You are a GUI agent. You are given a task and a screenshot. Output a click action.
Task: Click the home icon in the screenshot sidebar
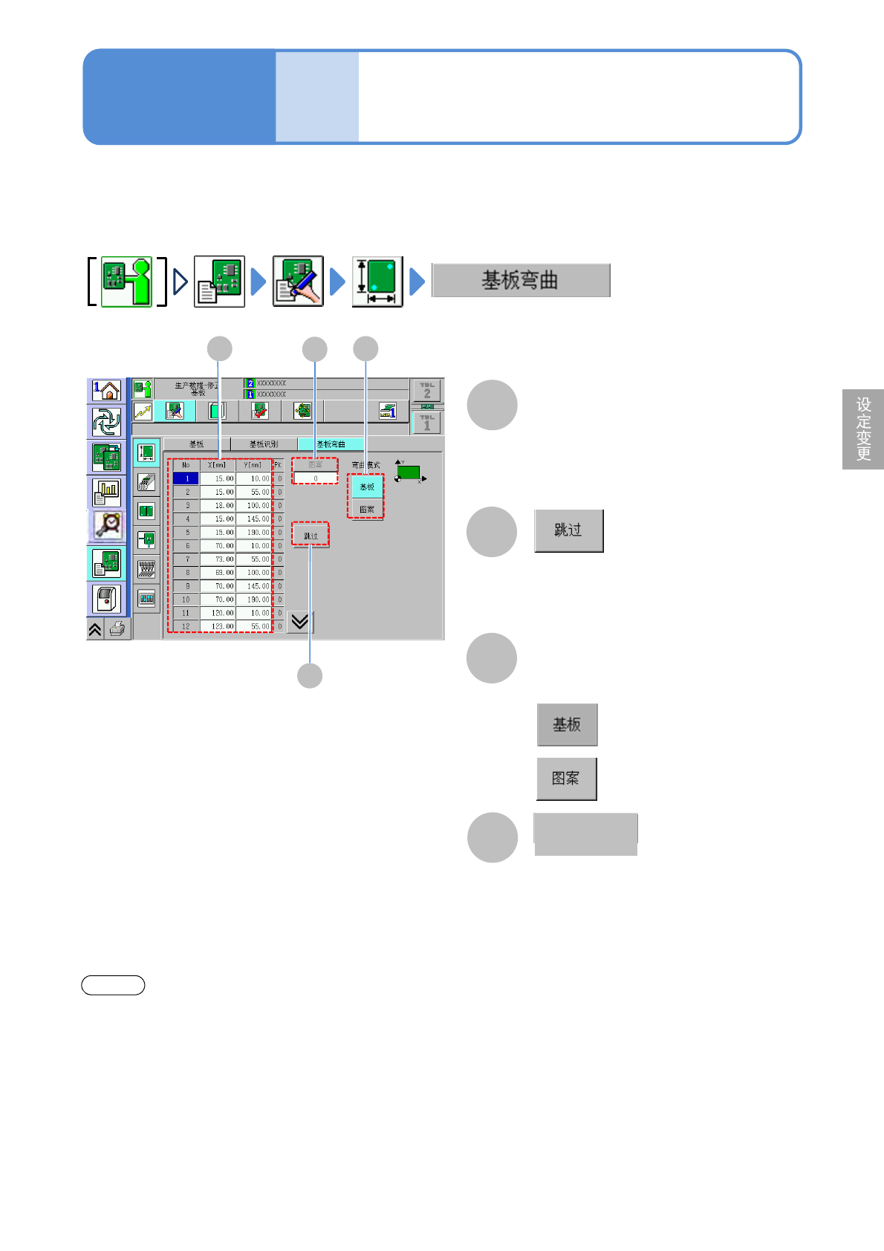pos(107,391)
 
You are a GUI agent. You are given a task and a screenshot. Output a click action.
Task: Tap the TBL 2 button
pos(426,390)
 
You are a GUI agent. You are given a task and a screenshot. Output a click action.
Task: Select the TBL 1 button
pos(426,423)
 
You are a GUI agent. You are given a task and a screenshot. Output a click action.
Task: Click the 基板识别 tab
pos(264,444)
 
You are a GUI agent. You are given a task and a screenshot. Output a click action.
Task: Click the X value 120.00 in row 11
pos(218,613)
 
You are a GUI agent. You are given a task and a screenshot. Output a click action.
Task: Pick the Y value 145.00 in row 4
pos(254,519)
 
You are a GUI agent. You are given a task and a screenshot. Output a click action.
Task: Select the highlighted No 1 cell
pos(186,478)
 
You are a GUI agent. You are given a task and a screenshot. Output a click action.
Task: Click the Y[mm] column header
pos(253,465)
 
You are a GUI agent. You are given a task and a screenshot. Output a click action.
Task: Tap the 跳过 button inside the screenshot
pos(311,536)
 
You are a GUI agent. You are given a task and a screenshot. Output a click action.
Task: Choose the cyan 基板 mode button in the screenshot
pos(367,487)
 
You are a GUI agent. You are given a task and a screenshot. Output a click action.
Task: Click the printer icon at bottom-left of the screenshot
pos(117,629)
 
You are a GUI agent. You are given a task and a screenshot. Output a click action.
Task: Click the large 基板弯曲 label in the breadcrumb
pos(521,281)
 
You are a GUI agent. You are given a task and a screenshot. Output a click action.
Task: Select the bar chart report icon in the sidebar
pos(107,492)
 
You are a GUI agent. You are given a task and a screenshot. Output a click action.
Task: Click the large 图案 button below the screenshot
pos(566,779)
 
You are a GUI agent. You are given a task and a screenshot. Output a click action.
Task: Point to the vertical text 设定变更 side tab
pos(863,429)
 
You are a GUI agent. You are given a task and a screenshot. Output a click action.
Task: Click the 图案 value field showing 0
pos(316,478)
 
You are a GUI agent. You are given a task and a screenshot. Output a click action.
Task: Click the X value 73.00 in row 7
pos(218,559)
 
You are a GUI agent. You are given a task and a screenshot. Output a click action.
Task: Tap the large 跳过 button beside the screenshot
pos(568,530)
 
